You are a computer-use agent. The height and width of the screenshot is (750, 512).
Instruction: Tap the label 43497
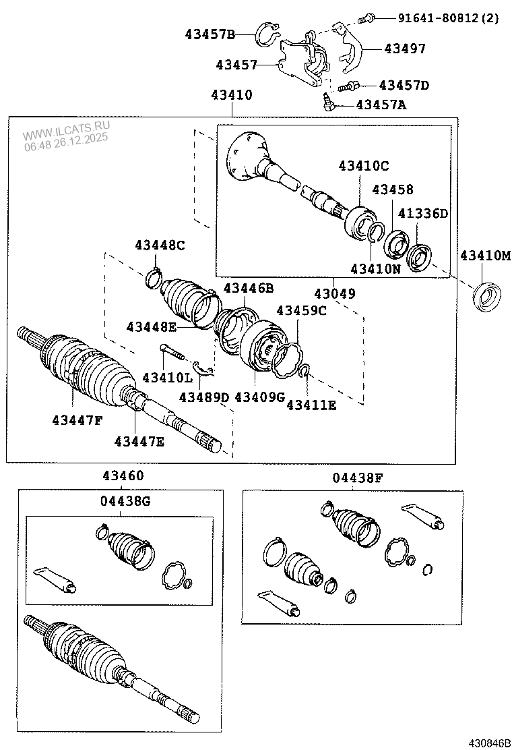point(405,49)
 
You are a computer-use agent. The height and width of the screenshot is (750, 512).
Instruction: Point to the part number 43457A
point(381,105)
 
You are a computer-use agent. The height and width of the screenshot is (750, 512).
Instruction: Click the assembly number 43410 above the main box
point(231,95)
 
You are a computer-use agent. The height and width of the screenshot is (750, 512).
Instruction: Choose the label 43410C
point(364,165)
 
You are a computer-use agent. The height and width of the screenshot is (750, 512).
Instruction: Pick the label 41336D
point(422,214)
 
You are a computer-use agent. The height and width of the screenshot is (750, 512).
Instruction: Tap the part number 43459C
point(302,310)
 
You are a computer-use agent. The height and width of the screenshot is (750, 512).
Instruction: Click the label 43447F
point(77,420)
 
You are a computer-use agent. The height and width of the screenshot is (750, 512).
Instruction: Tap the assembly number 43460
point(123,475)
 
